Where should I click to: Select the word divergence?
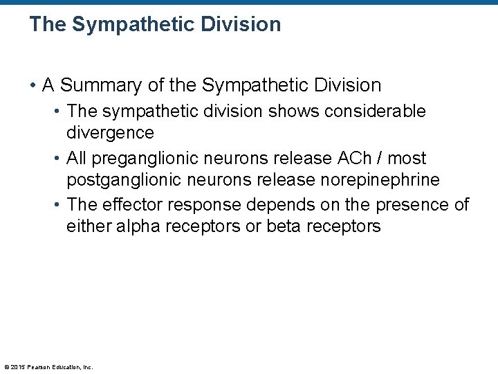110,133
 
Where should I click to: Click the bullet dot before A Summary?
33,86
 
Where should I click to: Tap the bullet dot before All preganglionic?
57,159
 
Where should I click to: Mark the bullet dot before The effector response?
57,206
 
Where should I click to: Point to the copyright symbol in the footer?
6,367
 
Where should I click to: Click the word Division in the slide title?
241,24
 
